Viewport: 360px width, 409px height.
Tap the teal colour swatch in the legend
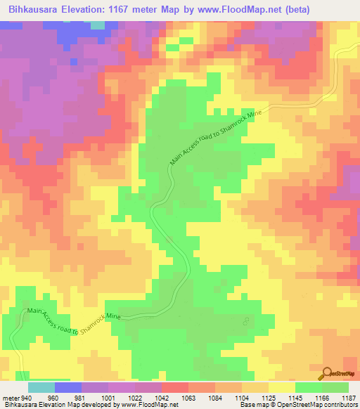pyautogui.click(x=41, y=387)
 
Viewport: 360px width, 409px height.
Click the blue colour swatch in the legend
pyautogui.click(x=67, y=387)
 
